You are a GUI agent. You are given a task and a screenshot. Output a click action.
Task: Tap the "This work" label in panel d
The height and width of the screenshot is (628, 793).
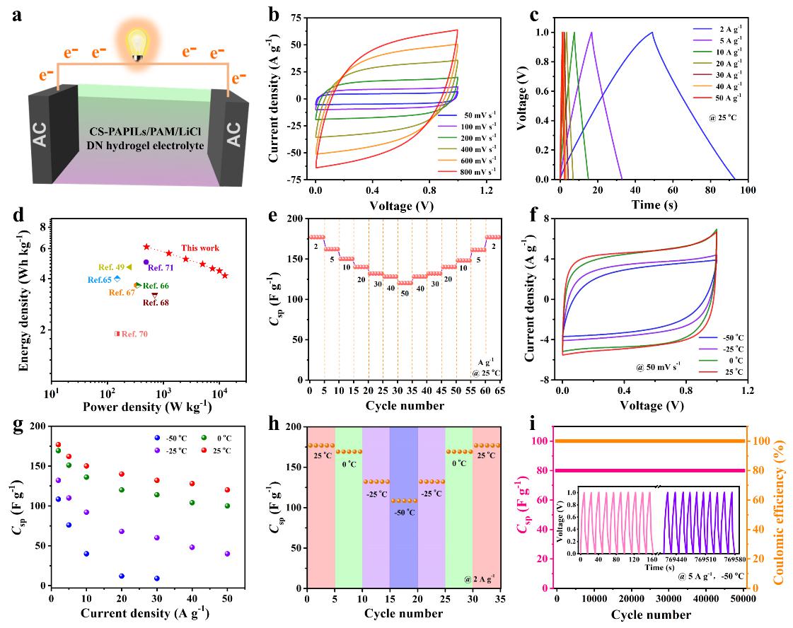[x=200, y=248]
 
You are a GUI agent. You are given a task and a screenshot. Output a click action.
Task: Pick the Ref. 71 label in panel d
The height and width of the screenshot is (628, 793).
[x=161, y=269]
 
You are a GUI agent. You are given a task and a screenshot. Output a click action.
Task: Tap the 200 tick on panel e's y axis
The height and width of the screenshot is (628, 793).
[x=294, y=219]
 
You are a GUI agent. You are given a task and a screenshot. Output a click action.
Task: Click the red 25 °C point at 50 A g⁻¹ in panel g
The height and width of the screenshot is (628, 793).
[x=227, y=490]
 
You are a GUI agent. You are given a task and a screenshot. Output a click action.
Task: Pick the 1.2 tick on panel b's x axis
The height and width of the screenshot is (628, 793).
[x=486, y=190]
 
